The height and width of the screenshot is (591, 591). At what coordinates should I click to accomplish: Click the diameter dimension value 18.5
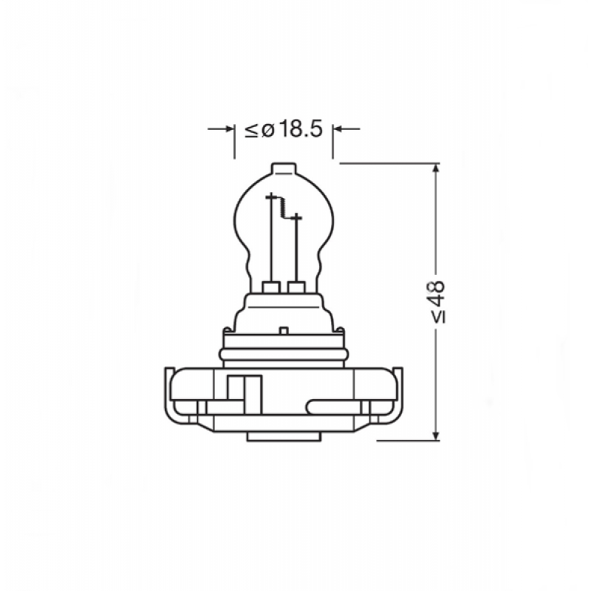(x=301, y=129)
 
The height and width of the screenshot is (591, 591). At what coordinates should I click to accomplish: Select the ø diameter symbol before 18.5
(x=267, y=130)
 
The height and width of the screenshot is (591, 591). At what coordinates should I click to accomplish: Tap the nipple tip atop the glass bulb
(x=283, y=169)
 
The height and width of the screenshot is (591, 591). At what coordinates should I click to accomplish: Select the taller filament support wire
(x=271, y=236)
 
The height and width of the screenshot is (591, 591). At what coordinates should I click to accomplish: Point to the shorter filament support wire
(x=295, y=247)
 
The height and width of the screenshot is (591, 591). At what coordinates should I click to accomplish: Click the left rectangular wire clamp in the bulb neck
(x=270, y=287)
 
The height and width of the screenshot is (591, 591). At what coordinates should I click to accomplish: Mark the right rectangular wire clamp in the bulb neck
(x=296, y=287)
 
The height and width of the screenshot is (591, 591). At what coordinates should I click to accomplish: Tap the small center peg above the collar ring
(x=283, y=329)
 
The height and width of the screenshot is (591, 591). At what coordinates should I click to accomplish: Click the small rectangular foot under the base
(x=283, y=436)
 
